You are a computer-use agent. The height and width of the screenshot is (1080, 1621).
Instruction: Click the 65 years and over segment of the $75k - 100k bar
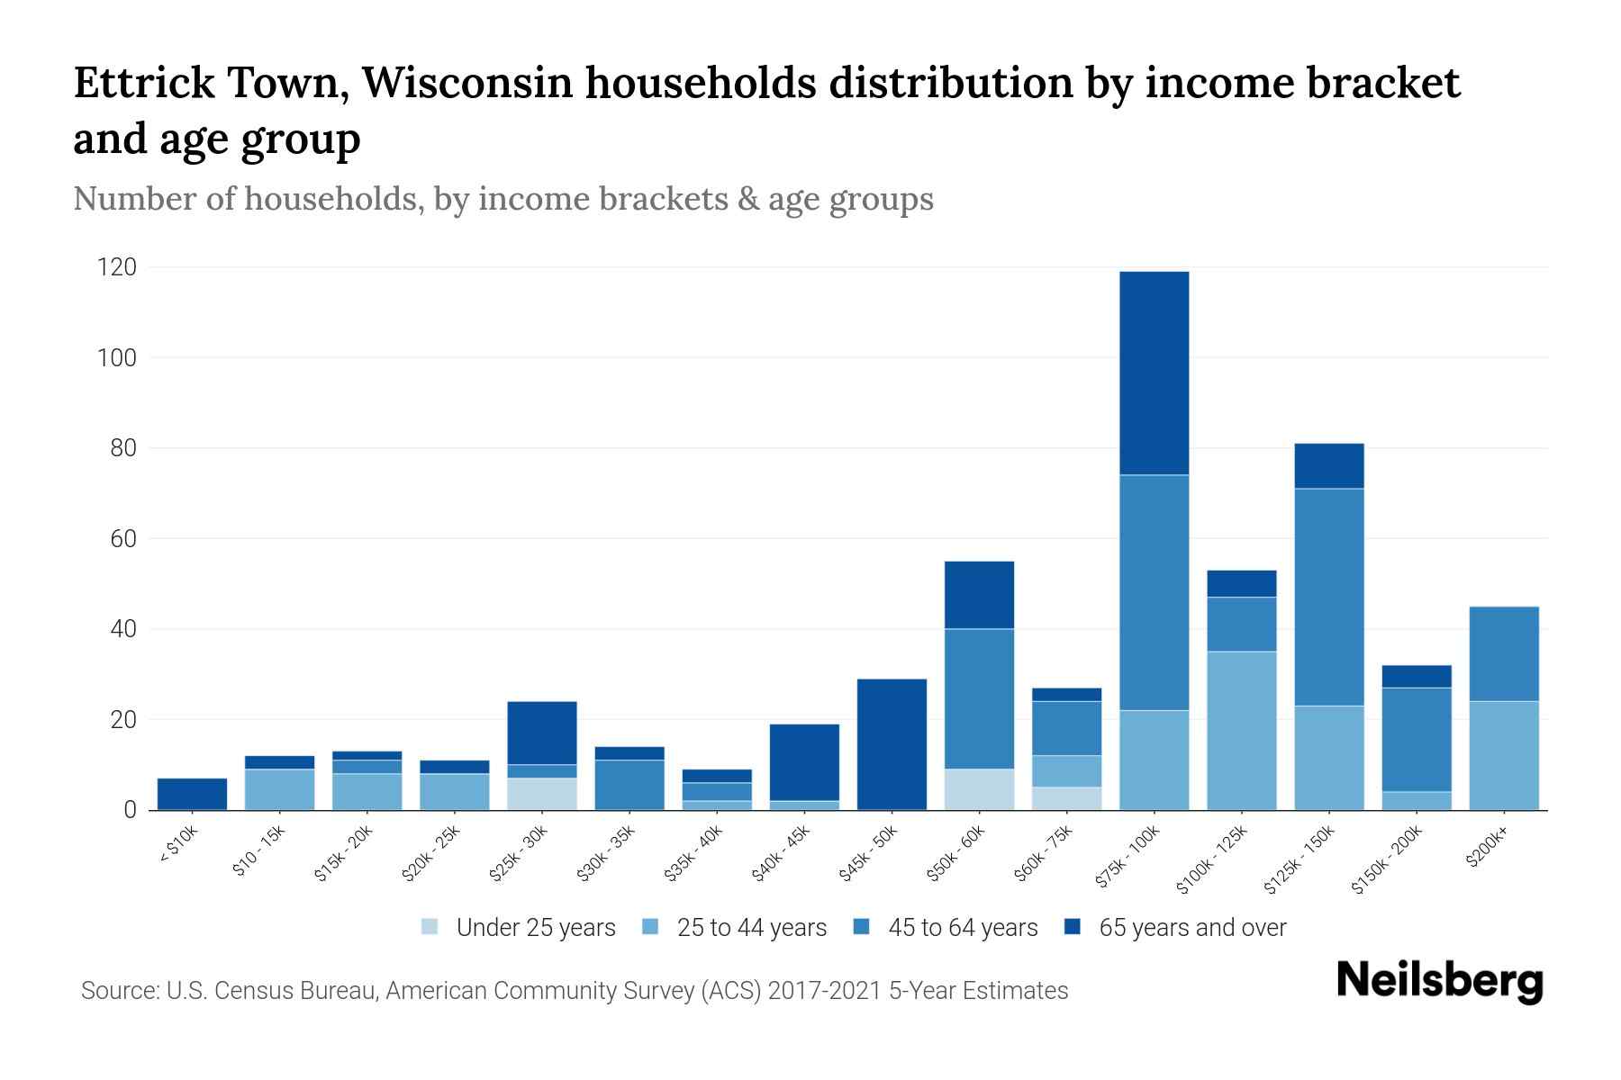(1154, 373)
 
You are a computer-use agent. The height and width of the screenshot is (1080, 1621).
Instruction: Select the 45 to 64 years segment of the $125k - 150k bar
(1328, 597)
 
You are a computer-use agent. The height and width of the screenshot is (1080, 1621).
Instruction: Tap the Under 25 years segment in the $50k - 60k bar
(979, 789)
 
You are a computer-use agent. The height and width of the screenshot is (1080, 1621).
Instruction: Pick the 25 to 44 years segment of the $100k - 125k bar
(1241, 730)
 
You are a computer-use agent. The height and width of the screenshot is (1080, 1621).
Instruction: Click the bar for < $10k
(192, 794)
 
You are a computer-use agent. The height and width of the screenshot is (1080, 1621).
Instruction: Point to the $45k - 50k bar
(892, 744)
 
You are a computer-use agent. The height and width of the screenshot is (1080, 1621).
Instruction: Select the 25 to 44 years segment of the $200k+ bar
(1503, 755)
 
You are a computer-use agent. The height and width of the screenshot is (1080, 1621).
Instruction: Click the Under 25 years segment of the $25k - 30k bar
(542, 794)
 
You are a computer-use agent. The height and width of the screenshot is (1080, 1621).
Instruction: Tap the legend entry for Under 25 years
(519, 928)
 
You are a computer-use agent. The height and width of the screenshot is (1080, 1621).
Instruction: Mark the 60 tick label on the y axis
(122, 539)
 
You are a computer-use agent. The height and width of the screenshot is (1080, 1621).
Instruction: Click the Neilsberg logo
(1439, 980)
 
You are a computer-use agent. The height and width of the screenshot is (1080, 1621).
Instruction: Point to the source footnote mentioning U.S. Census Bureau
(575, 991)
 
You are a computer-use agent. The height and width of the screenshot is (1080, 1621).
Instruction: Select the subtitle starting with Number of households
(503, 199)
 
